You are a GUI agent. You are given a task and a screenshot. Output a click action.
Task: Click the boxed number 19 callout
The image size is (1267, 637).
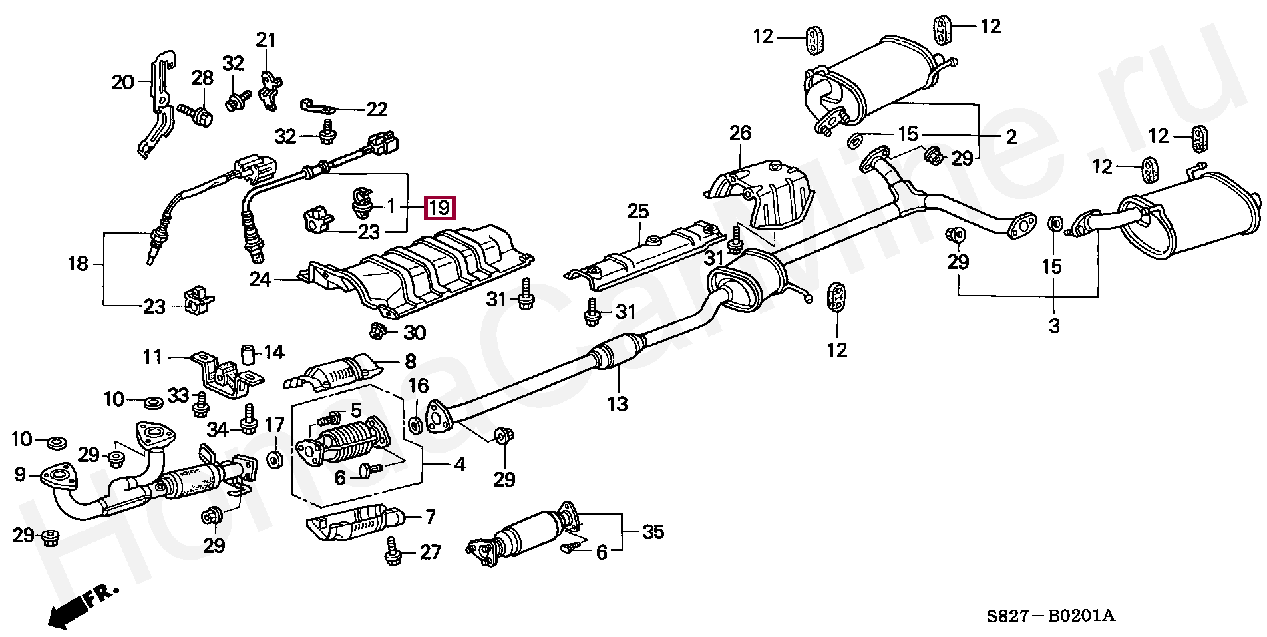(x=439, y=208)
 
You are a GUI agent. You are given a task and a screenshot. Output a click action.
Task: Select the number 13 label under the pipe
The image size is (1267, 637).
(x=618, y=403)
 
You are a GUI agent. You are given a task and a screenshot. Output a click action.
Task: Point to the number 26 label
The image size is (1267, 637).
(x=740, y=133)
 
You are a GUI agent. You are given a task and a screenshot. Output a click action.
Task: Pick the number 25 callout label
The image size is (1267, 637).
(x=637, y=212)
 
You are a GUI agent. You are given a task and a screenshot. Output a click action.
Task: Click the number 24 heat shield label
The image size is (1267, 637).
(x=260, y=279)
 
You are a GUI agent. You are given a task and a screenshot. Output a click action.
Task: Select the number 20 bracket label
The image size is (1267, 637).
(x=123, y=83)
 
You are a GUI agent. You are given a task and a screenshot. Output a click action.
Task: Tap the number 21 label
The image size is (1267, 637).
(x=266, y=40)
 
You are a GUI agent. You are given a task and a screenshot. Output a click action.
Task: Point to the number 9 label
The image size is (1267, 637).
(x=19, y=474)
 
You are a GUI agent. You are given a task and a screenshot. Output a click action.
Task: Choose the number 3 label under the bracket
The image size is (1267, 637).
(x=1054, y=326)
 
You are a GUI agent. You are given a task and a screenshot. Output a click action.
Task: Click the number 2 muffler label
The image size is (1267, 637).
(x=1011, y=137)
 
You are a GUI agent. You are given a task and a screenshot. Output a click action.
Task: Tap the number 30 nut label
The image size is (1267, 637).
(x=415, y=332)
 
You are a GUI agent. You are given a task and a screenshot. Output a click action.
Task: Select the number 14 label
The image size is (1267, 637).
(x=273, y=352)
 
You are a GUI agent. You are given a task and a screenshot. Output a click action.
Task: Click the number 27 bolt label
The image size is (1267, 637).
(x=431, y=552)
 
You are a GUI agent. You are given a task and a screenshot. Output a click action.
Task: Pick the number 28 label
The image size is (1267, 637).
(x=202, y=78)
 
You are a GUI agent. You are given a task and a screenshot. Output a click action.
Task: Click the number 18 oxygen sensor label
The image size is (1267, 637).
(x=78, y=264)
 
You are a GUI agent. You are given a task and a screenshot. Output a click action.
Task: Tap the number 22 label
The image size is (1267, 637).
(x=377, y=109)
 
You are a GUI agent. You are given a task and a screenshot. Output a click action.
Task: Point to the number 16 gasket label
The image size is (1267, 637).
(x=418, y=386)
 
